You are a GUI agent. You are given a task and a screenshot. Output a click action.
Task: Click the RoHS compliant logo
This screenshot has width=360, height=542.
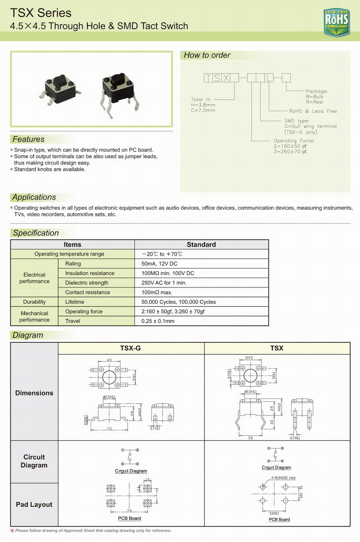(336, 22)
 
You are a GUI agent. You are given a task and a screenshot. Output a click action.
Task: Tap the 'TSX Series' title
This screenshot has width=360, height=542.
(41, 13)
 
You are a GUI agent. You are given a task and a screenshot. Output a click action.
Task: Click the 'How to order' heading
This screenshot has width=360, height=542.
(207, 55)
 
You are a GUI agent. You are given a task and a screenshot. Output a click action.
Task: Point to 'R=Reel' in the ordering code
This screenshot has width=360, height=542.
(315, 102)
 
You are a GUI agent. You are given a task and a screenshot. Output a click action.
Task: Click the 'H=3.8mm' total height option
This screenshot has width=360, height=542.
(203, 105)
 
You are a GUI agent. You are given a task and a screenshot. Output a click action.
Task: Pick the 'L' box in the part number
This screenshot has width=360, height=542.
(269, 78)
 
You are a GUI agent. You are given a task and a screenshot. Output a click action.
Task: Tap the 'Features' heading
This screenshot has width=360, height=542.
(28, 139)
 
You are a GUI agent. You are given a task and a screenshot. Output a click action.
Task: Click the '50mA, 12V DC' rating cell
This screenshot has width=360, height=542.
(160, 264)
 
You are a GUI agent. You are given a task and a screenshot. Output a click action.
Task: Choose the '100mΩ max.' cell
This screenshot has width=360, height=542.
(157, 292)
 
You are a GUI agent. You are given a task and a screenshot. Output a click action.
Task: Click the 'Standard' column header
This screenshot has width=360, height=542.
(201, 244)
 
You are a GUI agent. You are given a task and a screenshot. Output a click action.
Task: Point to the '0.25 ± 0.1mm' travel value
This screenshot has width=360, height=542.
(158, 321)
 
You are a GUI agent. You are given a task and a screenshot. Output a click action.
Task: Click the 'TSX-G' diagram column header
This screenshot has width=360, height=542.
(130, 348)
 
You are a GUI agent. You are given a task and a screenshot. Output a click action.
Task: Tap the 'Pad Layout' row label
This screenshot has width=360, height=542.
(34, 504)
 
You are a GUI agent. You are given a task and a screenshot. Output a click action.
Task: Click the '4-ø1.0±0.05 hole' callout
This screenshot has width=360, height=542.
(283, 478)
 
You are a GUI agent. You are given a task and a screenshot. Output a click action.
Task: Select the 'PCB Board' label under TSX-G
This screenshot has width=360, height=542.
(129, 518)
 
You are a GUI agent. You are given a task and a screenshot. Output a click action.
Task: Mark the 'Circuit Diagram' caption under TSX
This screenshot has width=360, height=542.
(276, 468)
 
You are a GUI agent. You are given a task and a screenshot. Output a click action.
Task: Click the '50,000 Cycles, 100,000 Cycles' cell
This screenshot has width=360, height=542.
(179, 302)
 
